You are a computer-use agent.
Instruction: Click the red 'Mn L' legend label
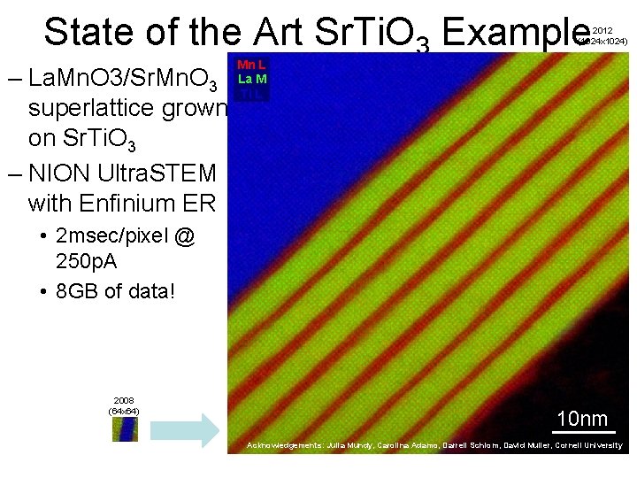click(x=252, y=65)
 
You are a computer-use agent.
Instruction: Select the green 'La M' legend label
click(x=252, y=79)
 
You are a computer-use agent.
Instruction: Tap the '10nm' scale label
click(x=582, y=419)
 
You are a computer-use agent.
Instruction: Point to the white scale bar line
click(x=582, y=433)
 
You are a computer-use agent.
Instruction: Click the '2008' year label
click(x=123, y=401)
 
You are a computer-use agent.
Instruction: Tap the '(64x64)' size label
click(x=123, y=412)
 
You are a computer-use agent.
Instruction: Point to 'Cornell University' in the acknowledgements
click(x=588, y=445)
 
